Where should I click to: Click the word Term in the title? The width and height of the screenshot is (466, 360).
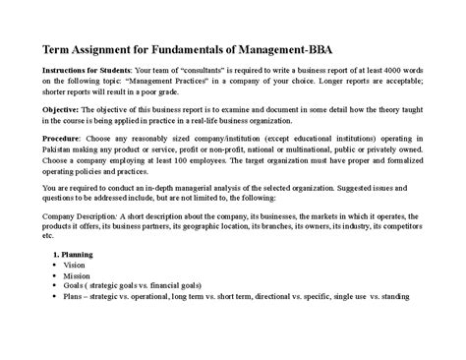[56, 48]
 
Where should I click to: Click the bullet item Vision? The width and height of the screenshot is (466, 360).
[75, 265]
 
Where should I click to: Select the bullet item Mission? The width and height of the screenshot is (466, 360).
[78, 275]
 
